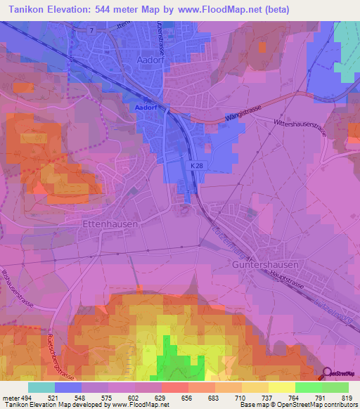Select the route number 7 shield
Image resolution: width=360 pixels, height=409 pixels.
coord(91,31)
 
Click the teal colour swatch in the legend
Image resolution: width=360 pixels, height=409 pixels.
coord(41,387)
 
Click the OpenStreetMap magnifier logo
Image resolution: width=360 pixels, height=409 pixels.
coord(328,374)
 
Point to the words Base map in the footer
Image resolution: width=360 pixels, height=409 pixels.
coord(252,405)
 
